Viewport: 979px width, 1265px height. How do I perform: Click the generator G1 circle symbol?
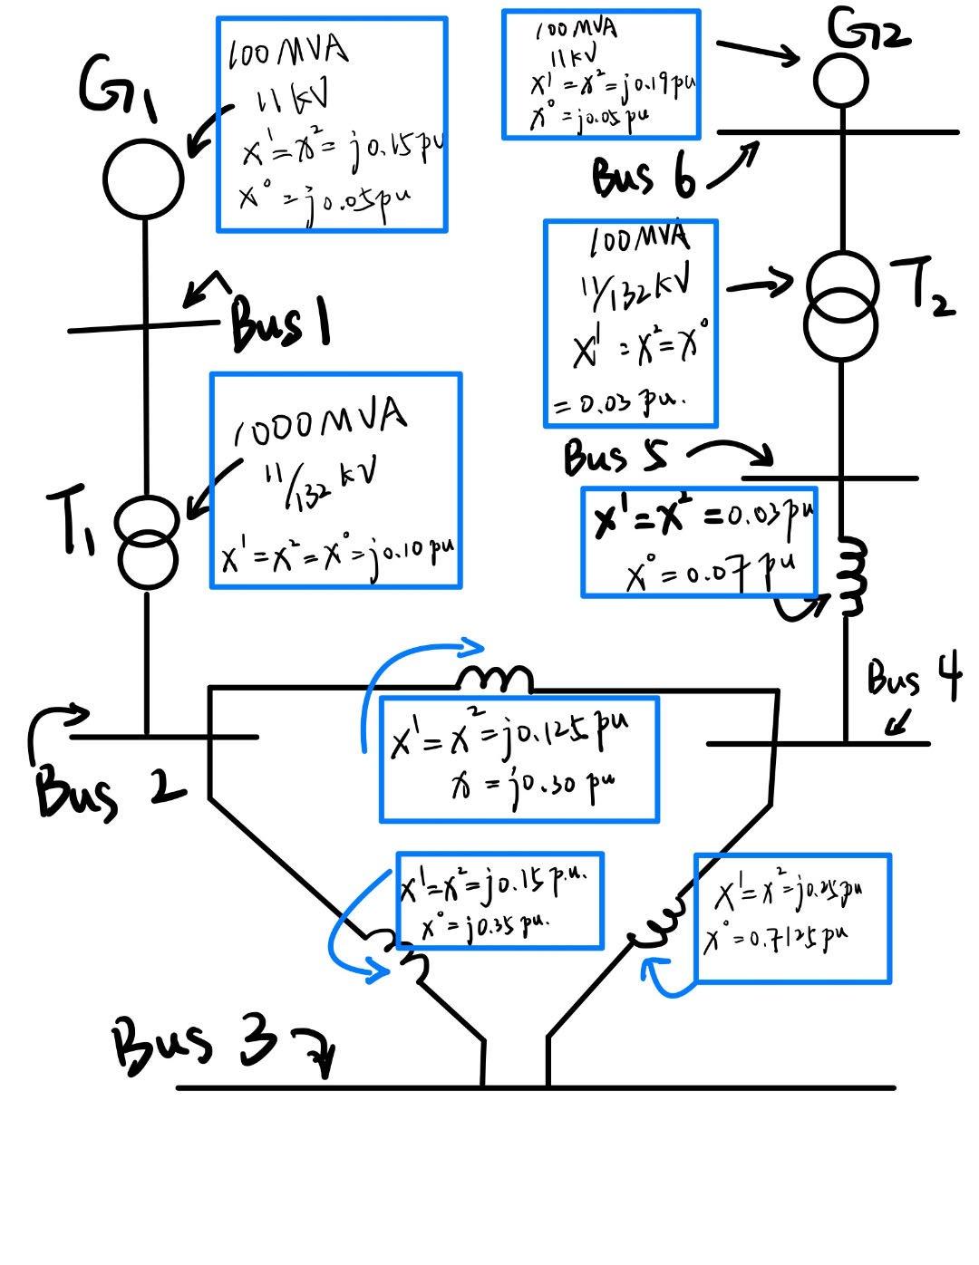(143, 178)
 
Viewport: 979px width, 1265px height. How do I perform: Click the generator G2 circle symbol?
(841, 81)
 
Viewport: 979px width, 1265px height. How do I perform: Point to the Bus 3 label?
(195, 1043)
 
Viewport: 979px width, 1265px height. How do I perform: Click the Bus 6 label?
(644, 176)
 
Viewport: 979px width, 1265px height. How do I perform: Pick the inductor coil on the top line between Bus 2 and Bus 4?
(494, 679)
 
